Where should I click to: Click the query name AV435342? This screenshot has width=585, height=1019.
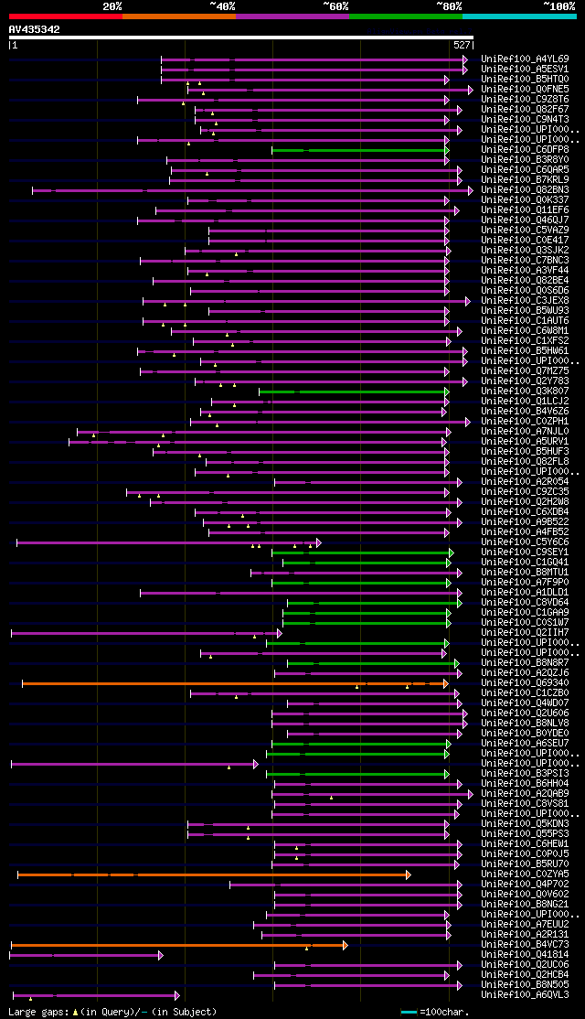(35, 29)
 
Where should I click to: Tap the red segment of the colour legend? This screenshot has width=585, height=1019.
(65, 16)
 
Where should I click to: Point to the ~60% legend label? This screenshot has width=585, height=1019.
(335, 5)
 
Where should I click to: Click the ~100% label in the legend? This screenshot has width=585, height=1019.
(558, 5)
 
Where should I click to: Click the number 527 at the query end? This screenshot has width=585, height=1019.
(462, 45)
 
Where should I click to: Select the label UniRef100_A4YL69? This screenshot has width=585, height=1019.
(524, 59)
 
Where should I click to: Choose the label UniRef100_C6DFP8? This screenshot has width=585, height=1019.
(524, 149)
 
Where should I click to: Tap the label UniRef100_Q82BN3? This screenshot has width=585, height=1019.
(524, 190)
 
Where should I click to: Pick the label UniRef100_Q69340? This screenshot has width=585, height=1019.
(524, 682)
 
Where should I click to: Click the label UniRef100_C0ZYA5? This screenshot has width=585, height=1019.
(524, 874)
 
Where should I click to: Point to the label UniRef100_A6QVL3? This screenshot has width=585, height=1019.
(524, 994)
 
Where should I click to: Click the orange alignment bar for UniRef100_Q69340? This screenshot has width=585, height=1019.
(229, 682)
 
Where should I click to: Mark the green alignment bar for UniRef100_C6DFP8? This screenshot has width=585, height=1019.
(356, 149)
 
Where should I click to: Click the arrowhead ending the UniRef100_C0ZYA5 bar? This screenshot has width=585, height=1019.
(408, 874)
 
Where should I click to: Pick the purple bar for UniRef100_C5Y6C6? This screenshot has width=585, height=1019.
(165, 542)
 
